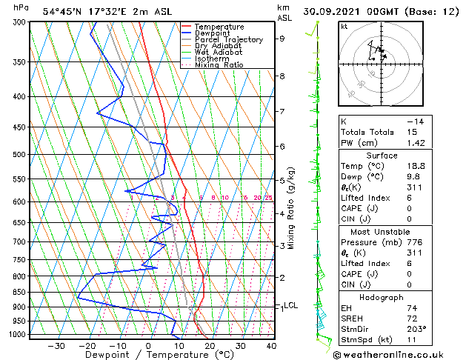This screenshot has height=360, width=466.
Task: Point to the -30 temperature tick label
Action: coord(56,346)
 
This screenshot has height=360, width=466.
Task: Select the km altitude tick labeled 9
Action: coord(282,39)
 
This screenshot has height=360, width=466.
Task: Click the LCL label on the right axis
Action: coord(291,305)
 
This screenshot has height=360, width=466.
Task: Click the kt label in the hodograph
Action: coord(344,27)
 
